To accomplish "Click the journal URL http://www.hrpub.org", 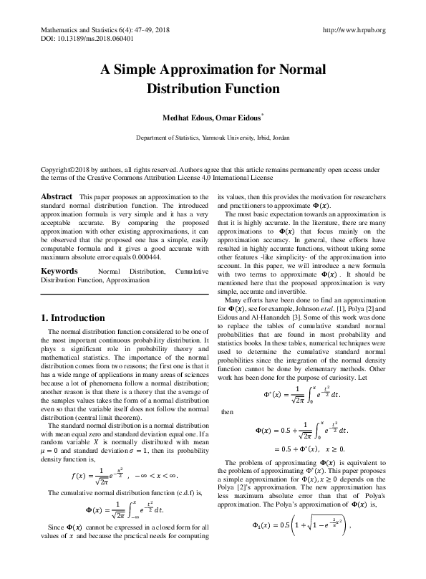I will click(x=354, y=30).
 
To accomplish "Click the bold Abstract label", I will click(x=57, y=196).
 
